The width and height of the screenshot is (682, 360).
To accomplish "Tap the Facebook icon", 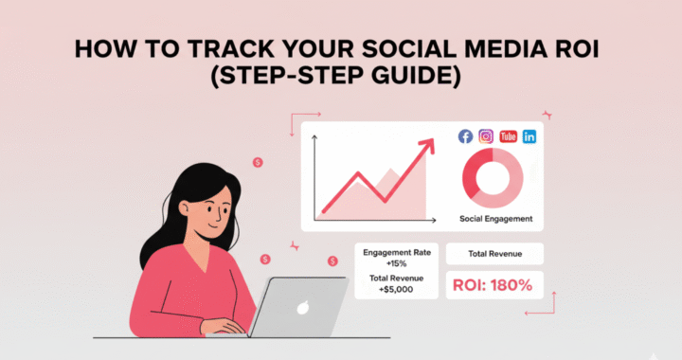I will point(465,136).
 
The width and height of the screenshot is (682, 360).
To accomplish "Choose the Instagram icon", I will point(486,136).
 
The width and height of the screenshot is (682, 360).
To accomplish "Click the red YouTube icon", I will point(508,136).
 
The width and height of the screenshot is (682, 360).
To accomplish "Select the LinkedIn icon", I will point(529,136).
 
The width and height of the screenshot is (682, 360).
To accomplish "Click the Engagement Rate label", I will point(396,253).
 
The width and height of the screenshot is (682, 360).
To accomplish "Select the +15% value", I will point(396,264).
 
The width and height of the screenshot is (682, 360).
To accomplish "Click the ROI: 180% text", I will point(494,284).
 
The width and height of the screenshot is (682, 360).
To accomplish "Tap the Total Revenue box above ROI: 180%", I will point(494,254).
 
